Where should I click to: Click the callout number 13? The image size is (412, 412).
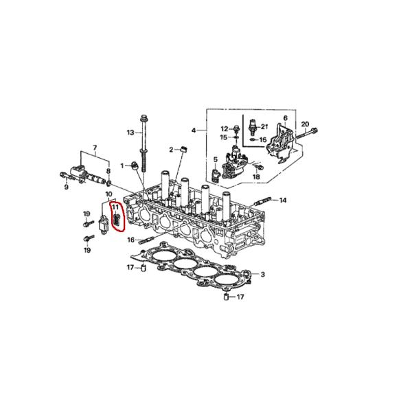(129, 132)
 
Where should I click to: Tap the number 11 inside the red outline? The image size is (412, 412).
(115, 206)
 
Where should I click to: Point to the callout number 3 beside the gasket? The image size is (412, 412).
(262, 275)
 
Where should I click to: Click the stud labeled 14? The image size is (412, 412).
(263, 201)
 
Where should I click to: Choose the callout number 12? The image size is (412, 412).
(224, 128)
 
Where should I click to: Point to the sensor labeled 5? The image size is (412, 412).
(219, 172)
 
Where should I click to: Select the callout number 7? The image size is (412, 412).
(95, 148)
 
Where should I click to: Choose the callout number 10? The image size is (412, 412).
(108, 194)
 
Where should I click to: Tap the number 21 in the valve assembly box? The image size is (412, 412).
(264, 126)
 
